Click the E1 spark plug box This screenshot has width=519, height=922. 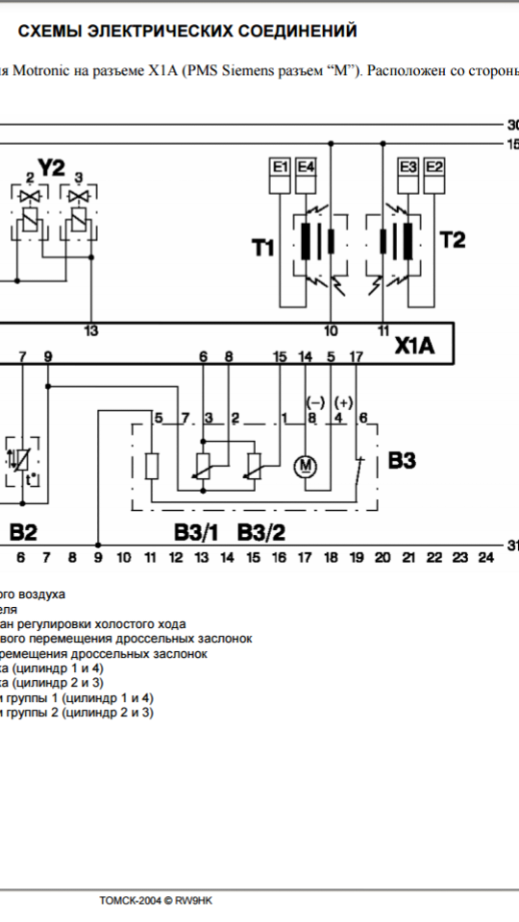click(x=280, y=175)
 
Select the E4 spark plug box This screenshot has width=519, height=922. click(x=305, y=175)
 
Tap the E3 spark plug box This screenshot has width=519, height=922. click(x=408, y=175)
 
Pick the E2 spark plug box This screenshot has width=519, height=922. click(x=434, y=175)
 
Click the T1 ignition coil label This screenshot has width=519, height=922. click(x=263, y=248)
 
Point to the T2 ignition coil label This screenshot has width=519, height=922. click(x=453, y=239)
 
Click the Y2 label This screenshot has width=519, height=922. click(x=51, y=168)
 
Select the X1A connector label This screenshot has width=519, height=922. click(x=414, y=346)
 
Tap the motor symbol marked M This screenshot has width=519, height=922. click(x=306, y=467)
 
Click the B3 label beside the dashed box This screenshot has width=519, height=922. click(x=402, y=460)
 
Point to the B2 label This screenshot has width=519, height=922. click(x=23, y=532)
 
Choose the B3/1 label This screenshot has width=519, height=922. click(x=196, y=532)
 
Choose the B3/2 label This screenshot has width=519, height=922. click(x=261, y=532)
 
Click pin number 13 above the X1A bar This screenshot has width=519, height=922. click(x=91, y=331)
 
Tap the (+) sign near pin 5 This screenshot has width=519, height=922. click(x=344, y=402)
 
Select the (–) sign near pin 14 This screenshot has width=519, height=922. click(x=315, y=402)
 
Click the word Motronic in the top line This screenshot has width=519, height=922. click(x=42, y=70)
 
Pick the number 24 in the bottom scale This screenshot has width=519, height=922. click(x=485, y=557)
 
